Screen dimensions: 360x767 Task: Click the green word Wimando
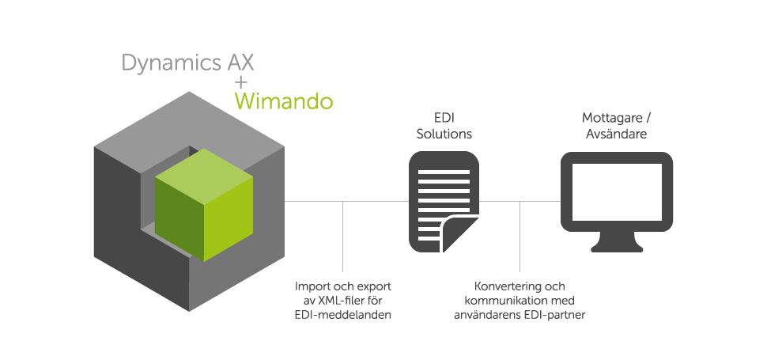click(x=284, y=102)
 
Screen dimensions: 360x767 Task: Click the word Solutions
click(x=443, y=135)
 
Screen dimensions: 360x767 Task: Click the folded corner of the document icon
click(x=463, y=235)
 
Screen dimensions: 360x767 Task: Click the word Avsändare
click(x=616, y=135)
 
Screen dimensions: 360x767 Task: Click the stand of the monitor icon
click(x=617, y=237)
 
